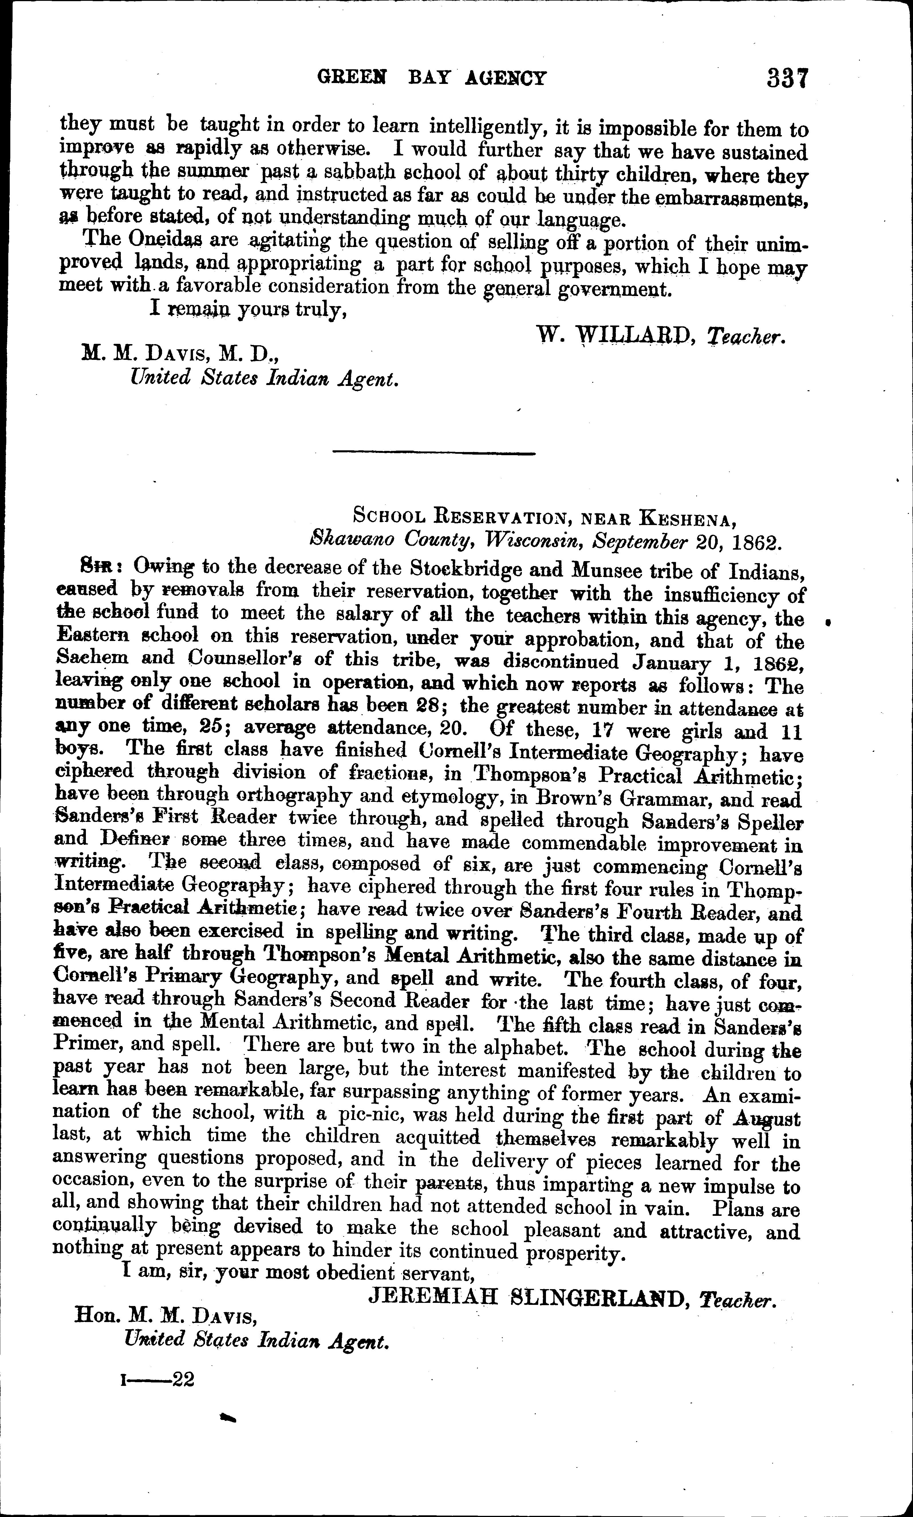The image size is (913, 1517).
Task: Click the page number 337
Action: (786, 79)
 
